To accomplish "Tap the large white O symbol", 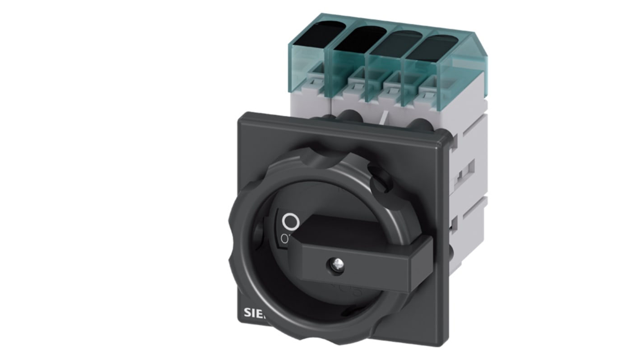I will (290, 222).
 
